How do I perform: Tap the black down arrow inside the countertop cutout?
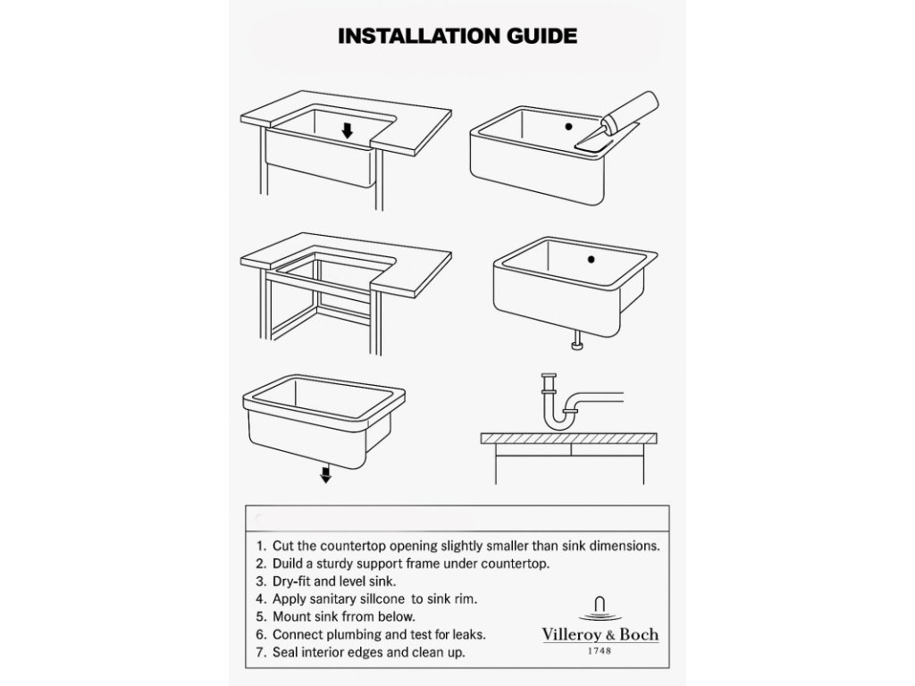coord(348,130)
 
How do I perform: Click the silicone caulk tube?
coord(617,121)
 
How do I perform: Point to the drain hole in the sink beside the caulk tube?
coord(568,126)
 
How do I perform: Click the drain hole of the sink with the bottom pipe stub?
coord(592,260)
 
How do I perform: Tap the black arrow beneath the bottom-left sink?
coord(325,473)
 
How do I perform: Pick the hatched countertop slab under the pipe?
coord(569,439)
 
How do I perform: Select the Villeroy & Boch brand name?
coord(600,635)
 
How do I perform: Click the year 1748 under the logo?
coord(600,650)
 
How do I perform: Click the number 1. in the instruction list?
coord(261,547)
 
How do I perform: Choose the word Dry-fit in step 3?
coord(291,582)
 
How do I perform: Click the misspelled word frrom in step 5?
coord(359,616)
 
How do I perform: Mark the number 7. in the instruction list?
coord(261,652)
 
